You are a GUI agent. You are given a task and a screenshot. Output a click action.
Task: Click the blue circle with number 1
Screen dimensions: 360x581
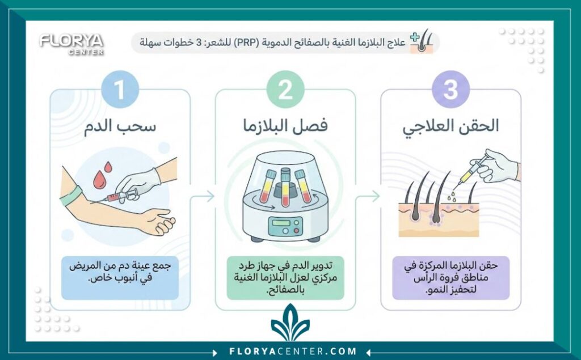tap(120, 90)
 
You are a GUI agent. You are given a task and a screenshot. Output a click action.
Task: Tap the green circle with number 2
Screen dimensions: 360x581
tap(285, 90)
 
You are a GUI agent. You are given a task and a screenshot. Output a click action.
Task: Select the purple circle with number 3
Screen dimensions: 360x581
tap(450, 90)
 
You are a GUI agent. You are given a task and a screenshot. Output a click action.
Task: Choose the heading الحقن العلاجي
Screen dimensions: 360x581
tap(451, 126)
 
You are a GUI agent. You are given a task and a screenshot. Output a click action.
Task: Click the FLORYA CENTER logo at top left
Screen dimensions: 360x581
tap(71, 43)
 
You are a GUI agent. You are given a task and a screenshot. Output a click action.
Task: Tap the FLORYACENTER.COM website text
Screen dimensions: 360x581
tap(290, 351)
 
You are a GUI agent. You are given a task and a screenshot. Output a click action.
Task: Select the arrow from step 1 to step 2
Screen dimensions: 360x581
tap(203, 196)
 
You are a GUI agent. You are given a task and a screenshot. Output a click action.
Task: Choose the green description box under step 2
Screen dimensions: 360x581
tap(285, 278)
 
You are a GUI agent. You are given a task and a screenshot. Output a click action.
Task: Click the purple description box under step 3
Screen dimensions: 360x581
tap(451, 278)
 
